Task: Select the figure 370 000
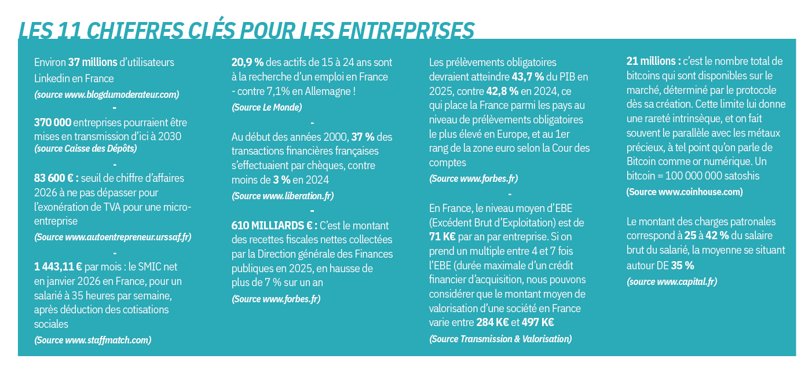tap(53, 123)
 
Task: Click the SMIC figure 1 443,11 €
tap(58, 268)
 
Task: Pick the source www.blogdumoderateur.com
tap(107, 94)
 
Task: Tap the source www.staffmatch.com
tap(93, 340)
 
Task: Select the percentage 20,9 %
tap(247, 62)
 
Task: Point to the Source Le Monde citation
tap(266, 107)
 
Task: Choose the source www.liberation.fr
tap(283, 196)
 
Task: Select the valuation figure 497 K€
tap(537, 323)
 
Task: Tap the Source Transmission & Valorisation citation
tap(500, 339)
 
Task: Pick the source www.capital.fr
tap(672, 281)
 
